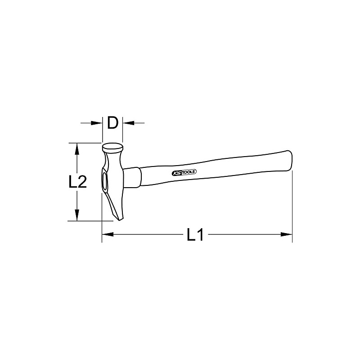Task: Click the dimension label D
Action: coord(113,122)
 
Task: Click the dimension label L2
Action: coord(77,182)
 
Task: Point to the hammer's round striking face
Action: coord(113,147)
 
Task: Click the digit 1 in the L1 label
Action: coord(201,234)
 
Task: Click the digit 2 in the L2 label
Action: coord(82,182)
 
